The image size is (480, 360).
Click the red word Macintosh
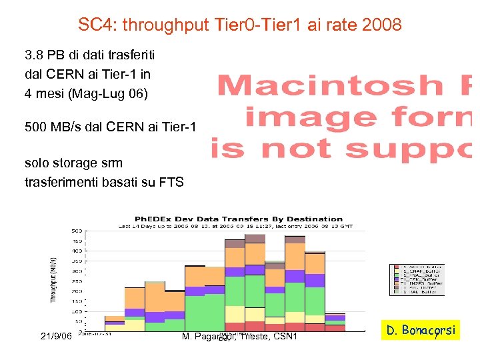[x=330, y=86]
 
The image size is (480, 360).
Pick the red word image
[x=309, y=117]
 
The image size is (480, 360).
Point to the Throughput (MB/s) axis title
[x=53, y=280]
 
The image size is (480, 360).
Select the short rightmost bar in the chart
[x=335, y=323]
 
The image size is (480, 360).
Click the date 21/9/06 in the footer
[x=57, y=337]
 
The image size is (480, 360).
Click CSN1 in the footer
[x=284, y=337]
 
